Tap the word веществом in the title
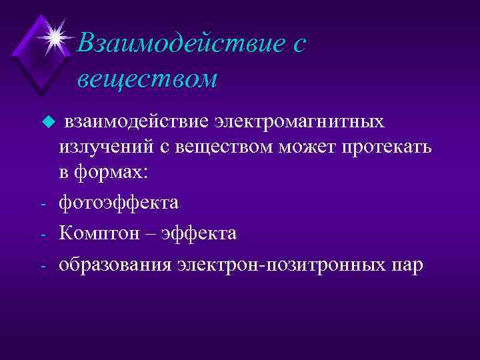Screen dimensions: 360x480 147,79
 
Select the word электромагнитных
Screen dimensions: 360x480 299,122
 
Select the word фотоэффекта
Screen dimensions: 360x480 119,202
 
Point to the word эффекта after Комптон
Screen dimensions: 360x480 204,233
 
